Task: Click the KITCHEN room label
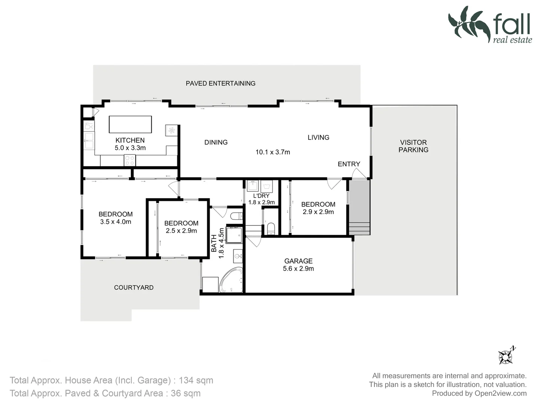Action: tap(130, 140)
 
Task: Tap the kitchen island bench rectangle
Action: tap(130, 124)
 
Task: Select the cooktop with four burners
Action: tap(130, 160)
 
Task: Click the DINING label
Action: tap(216, 142)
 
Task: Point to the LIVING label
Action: tap(318, 138)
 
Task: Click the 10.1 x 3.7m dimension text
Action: tap(272, 152)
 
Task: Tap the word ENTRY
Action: tap(349, 164)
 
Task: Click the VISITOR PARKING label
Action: tap(413, 146)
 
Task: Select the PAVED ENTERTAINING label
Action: tap(220, 83)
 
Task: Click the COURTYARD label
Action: tap(134, 288)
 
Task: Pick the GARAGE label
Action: tap(298, 261)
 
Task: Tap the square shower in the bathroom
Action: tap(234, 235)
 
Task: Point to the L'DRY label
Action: tap(261, 196)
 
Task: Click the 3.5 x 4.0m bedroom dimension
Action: tap(115, 222)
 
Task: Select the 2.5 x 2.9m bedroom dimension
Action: tap(181, 231)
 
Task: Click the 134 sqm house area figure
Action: tap(196, 380)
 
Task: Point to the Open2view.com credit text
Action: tap(500, 393)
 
